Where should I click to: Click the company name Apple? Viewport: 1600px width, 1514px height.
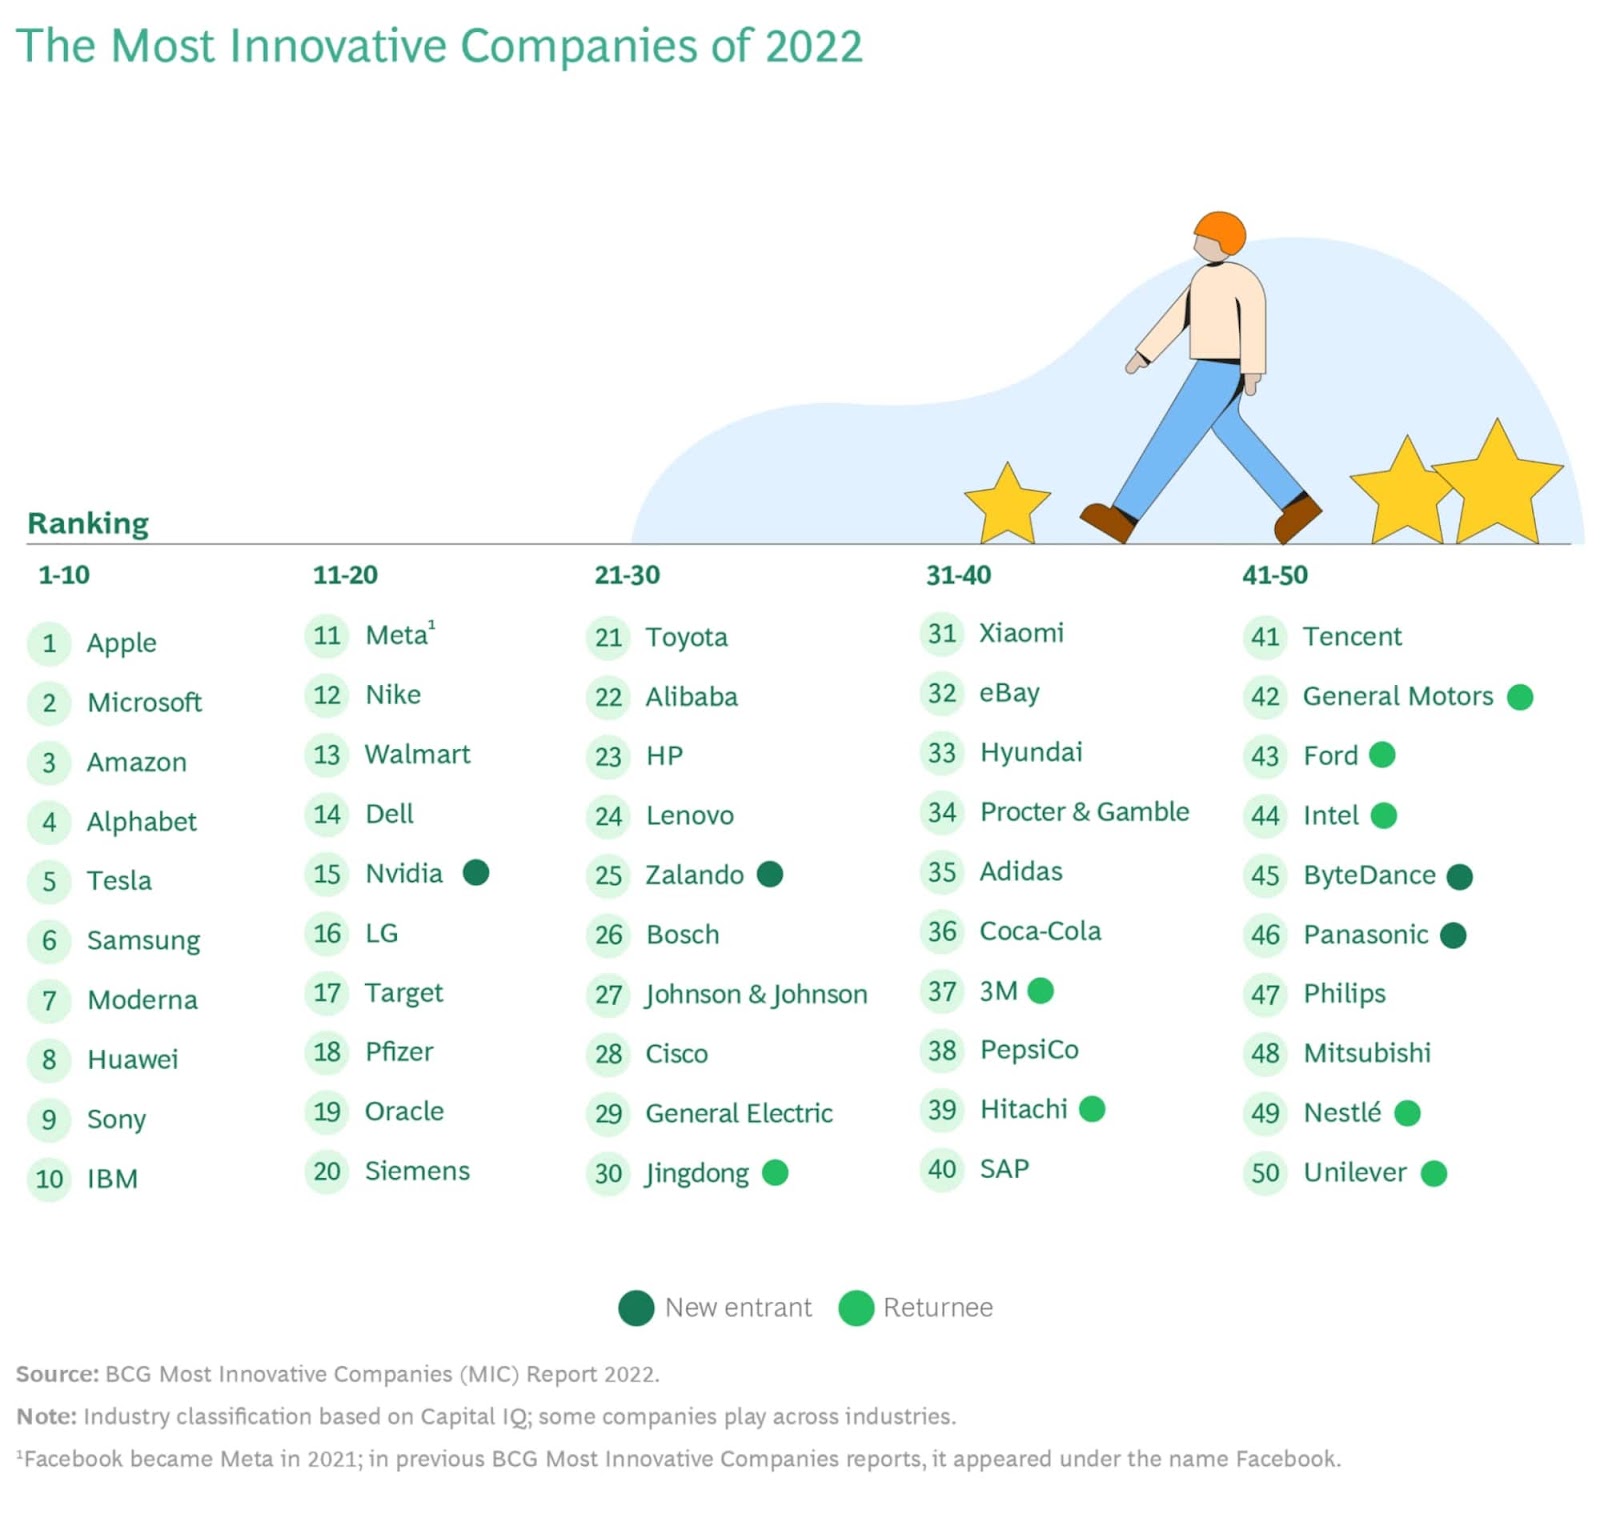pos(121,642)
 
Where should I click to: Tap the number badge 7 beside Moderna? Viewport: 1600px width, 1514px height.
pos(49,1000)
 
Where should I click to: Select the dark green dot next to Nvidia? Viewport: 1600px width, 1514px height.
pos(476,873)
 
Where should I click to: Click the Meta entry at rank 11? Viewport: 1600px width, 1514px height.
pos(397,635)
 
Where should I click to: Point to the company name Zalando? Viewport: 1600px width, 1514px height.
pos(694,875)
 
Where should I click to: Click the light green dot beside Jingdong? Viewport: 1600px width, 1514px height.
pos(775,1172)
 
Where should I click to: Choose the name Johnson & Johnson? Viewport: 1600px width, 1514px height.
pos(756,994)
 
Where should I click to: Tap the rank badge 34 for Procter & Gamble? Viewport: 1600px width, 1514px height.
pos(941,812)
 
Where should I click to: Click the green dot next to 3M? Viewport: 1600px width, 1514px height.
pos(1041,991)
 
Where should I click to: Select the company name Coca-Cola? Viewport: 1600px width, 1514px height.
pos(1040,931)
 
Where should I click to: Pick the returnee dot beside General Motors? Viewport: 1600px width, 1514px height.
pos(1520,697)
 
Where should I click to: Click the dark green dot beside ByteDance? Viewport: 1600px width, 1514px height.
pos(1460,876)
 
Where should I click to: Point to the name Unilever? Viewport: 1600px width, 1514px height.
pos(1355,1172)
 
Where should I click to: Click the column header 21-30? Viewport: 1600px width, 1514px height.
pos(627,575)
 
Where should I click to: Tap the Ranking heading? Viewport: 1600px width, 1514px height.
pos(88,523)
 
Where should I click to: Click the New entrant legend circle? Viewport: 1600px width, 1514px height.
pos(636,1308)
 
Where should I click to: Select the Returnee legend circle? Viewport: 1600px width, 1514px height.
pos(856,1308)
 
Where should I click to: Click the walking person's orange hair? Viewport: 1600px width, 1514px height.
pos(1221,232)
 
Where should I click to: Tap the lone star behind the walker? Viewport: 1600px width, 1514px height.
pos(1007,504)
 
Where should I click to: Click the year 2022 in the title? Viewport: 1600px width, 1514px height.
pos(812,46)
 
